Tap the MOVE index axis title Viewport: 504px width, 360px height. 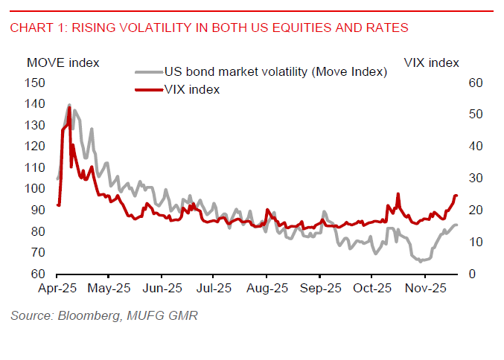[x=63, y=62]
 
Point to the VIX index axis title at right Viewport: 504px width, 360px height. [x=431, y=62]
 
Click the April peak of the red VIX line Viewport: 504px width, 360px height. [x=69, y=108]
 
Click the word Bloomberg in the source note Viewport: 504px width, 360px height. [x=83, y=317]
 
